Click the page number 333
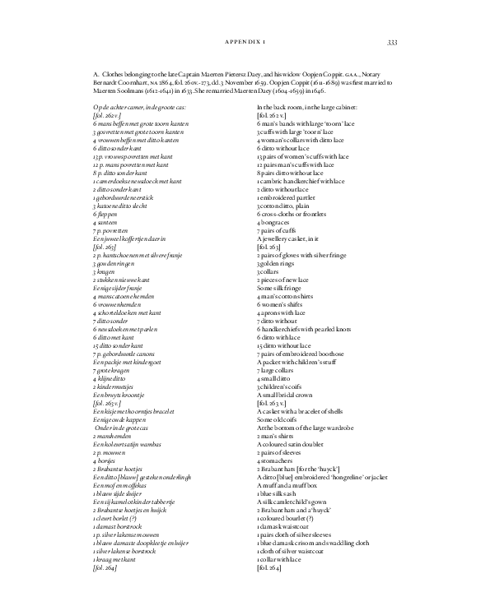click(x=392, y=42)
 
